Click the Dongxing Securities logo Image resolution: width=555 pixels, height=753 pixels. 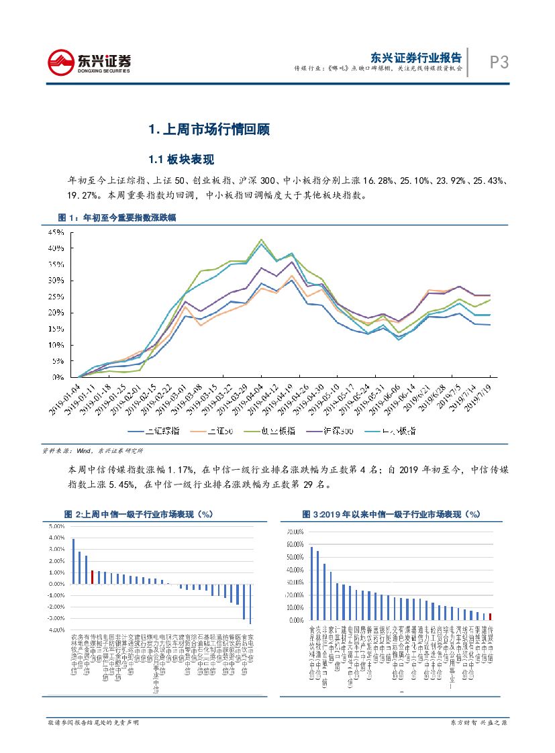pos(89,62)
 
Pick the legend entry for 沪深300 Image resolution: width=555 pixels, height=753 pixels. pos(321,432)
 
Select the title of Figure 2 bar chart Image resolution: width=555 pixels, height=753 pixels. pos(138,513)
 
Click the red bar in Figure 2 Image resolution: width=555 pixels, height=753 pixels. pos(92,577)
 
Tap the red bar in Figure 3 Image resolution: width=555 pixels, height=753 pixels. pos(491,617)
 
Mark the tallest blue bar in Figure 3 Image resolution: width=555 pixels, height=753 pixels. pos(311,583)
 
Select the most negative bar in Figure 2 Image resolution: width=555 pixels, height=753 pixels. pos(250,603)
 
